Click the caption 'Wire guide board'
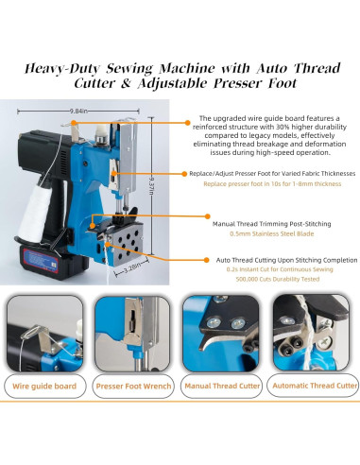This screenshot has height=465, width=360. (44, 386)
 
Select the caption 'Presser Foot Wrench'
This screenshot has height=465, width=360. (134, 386)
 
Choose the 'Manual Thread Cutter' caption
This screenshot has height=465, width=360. (223, 386)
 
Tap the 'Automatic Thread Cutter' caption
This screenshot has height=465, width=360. (314, 386)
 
